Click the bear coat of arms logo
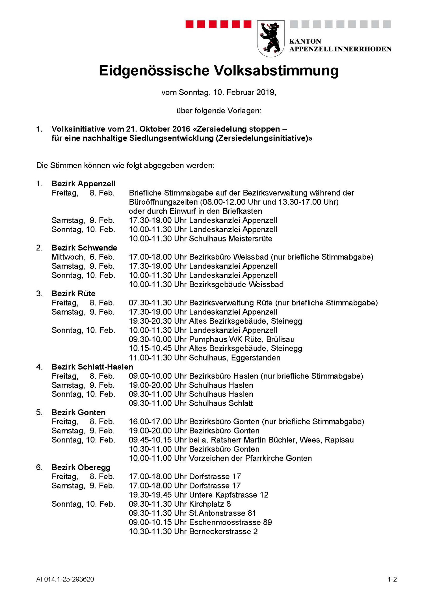click(x=271, y=38)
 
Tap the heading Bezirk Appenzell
click(x=83, y=184)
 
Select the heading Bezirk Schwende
click(x=84, y=248)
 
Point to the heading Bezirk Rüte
click(x=73, y=294)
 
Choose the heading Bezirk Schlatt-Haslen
click(x=92, y=367)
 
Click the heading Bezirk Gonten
click(x=78, y=412)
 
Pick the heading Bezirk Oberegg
click(x=81, y=467)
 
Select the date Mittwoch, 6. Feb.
click(x=83, y=257)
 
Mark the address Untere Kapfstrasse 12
click(x=229, y=495)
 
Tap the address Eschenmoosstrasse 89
click(x=230, y=522)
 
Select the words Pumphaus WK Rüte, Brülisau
click(x=242, y=339)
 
